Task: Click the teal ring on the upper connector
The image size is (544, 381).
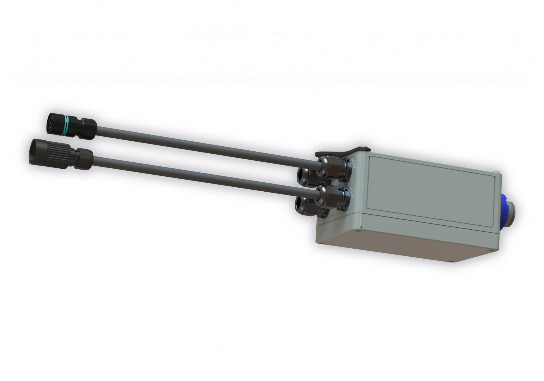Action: [x=66, y=126]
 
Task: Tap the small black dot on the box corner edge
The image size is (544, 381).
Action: [x=361, y=227]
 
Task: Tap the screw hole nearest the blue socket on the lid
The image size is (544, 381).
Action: [x=489, y=251]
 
